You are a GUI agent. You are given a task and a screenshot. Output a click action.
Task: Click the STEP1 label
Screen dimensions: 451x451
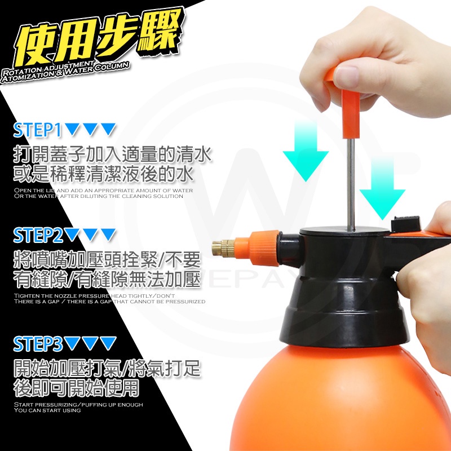click(37, 130)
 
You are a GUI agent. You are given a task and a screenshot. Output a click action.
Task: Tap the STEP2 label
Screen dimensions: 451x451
click(38, 236)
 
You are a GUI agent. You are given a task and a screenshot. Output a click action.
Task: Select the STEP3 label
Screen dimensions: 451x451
click(38, 344)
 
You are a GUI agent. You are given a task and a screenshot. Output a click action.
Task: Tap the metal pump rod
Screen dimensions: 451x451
click(350, 185)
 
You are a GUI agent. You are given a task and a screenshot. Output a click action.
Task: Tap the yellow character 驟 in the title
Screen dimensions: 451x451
click(160, 31)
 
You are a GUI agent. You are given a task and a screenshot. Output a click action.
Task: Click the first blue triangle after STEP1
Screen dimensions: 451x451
click(72, 129)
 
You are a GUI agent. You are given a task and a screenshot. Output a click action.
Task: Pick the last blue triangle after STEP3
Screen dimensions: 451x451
click(109, 343)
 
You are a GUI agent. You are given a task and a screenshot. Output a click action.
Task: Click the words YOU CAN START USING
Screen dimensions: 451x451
click(47, 410)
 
